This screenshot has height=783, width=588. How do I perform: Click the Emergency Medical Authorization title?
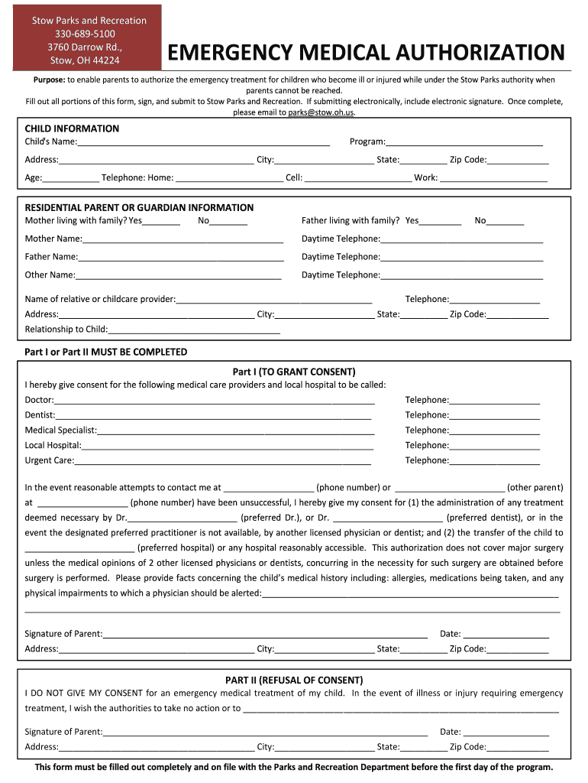(366, 53)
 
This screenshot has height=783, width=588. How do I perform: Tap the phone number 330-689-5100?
(85, 34)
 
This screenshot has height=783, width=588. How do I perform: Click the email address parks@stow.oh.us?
(321, 112)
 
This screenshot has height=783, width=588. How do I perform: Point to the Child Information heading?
(72, 128)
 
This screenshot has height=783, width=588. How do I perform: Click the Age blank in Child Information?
(70, 179)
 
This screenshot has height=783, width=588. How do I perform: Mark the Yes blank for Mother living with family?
(161, 222)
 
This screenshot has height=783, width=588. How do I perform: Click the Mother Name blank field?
(180, 239)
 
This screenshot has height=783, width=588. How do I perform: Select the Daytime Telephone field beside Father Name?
(461, 258)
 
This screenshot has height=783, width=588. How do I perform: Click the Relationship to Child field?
(194, 330)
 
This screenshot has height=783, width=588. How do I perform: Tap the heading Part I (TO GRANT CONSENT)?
(294, 372)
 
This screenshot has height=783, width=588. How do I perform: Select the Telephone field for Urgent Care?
(494, 461)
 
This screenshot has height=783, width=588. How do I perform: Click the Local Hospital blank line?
(227, 446)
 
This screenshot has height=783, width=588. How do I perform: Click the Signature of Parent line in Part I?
(265, 635)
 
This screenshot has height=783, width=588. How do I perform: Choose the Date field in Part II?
(505, 733)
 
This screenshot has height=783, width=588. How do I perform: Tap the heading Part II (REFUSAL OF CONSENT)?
(294, 680)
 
